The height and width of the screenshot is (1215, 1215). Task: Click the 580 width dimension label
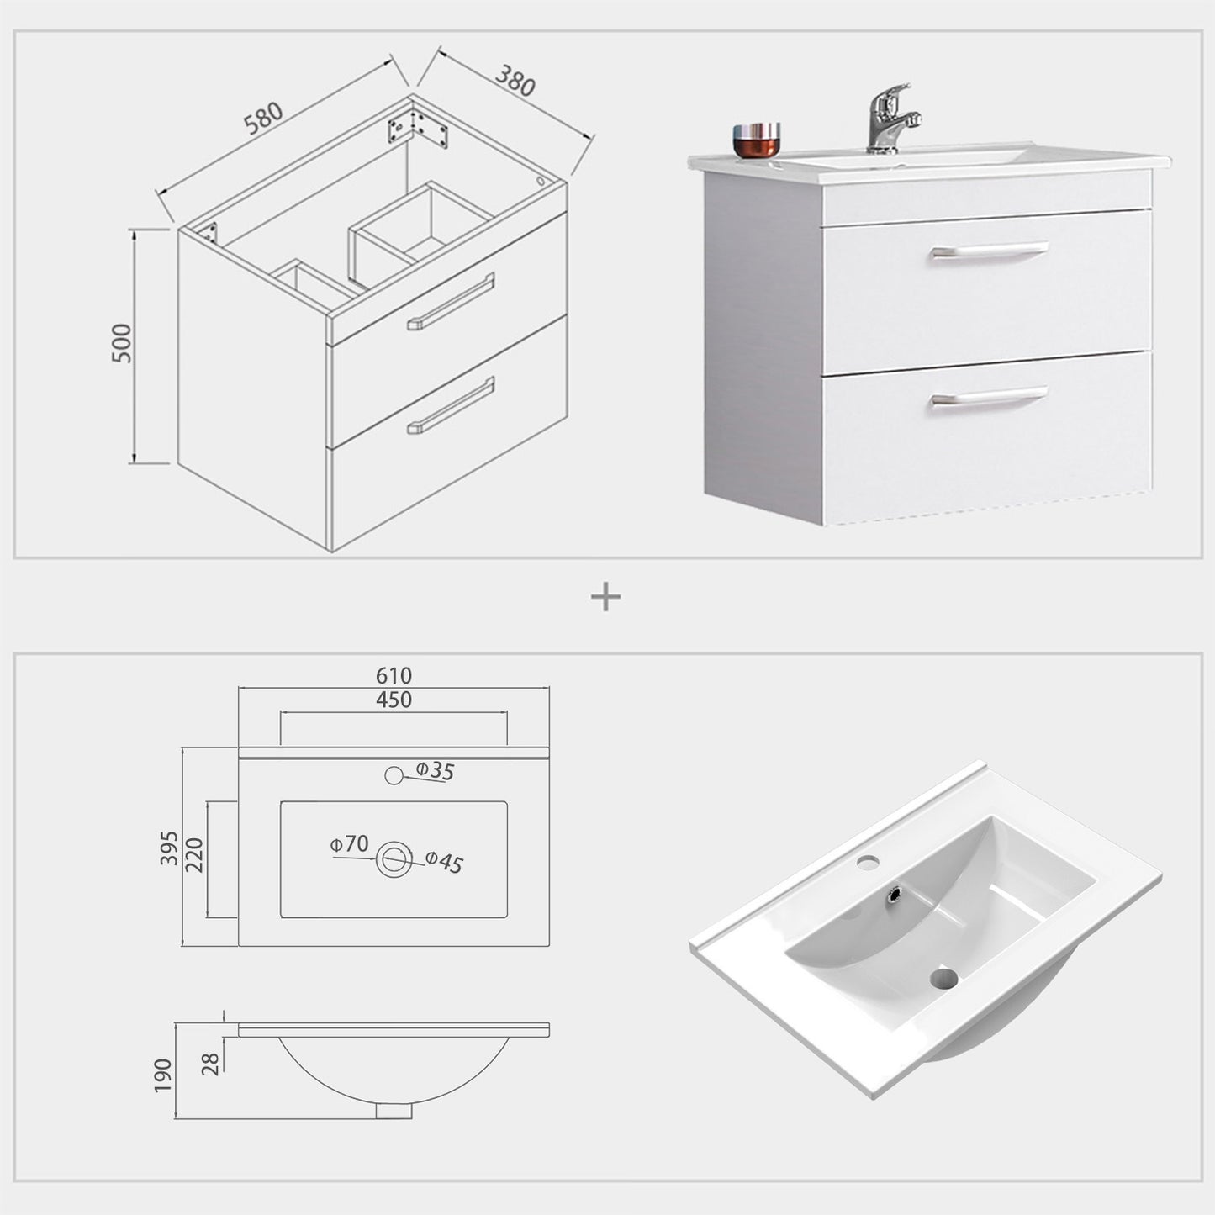pyautogui.click(x=264, y=119)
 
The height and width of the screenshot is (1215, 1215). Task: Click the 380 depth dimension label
pyautogui.click(x=515, y=80)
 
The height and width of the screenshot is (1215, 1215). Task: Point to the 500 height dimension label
pyautogui.click(x=122, y=343)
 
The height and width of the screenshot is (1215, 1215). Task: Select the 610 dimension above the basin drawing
pyautogui.click(x=394, y=676)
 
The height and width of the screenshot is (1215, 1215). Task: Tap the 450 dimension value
pyautogui.click(x=394, y=700)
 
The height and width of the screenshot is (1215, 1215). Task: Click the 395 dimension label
pyautogui.click(x=169, y=848)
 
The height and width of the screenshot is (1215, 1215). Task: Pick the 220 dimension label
pyautogui.click(x=195, y=855)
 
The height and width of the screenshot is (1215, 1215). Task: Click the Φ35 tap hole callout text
pyautogui.click(x=435, y=770)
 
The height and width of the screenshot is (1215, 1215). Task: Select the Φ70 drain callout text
pyautogui.click(x=349, y=843)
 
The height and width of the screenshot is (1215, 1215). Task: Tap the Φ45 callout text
pyautogui.click(x=444, y=862)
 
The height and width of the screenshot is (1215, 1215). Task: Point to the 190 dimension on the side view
pyautogui.click(x=162, y=1075)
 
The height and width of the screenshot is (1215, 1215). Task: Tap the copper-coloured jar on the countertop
pyautogui.click(x=756, y=140)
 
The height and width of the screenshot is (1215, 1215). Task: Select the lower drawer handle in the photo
pyautogui.click(x=989, y=397)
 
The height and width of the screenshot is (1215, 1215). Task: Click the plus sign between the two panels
pyautogui.click(x=606, y=597)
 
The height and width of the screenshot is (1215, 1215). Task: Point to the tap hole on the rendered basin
pyautogui.click(x=869, y=861)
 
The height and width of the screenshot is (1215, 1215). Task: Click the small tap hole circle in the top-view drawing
pyautogui.click(x=394, y=775)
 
